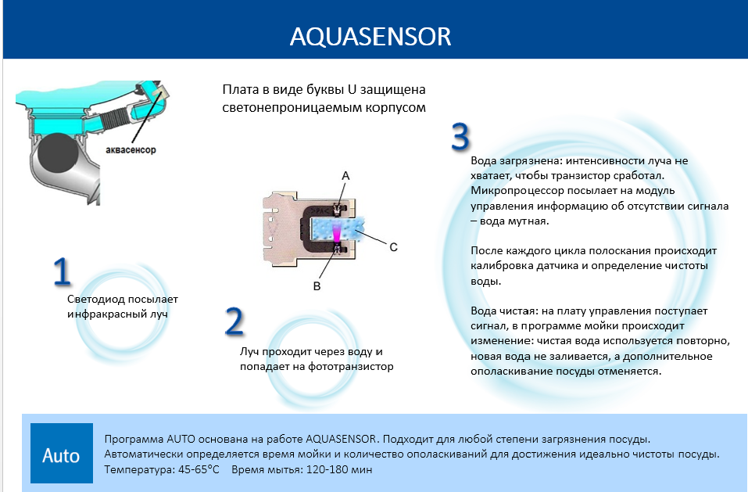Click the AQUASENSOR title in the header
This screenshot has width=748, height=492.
pos(370,37)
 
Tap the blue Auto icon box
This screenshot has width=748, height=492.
pos(62,453)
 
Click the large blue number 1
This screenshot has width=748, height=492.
pos(62,272)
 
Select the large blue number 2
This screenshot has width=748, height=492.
pos(234,321)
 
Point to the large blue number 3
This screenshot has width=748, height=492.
pos(460,137)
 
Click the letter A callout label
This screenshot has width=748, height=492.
pos(345,176)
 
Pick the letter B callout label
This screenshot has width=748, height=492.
pos(317,286)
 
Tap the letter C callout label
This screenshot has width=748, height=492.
pos(394,247)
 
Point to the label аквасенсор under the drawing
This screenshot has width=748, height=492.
pos(131,150)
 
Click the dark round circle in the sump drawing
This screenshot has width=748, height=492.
pos(57,153)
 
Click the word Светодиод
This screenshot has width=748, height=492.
pos(93,300)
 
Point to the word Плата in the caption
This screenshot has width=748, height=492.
pos(238,90)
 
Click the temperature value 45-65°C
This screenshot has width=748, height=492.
pos(199,469)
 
